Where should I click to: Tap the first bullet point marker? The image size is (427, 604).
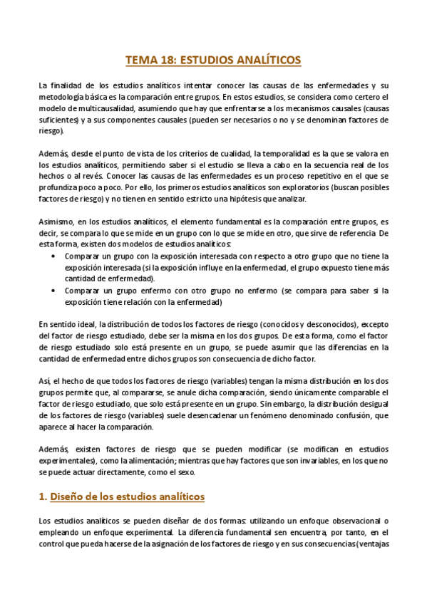click(56, 255)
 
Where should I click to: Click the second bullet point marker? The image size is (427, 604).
click(56, 290)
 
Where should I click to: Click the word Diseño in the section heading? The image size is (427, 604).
click(69, 496)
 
